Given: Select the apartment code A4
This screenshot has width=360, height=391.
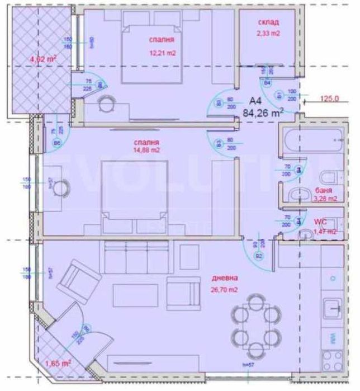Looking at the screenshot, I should (256, 101).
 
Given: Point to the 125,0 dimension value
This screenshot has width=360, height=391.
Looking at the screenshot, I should (330, 100).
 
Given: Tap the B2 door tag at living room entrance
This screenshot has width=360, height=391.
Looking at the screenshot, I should (259, 256).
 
